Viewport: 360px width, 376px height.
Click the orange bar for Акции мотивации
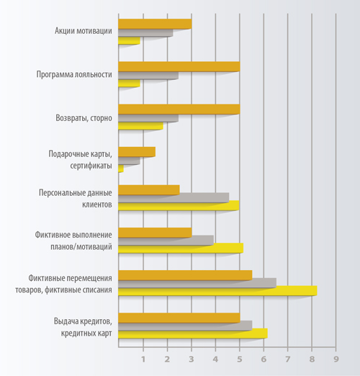pos(155,24)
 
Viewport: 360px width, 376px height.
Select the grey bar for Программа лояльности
pos(148,76)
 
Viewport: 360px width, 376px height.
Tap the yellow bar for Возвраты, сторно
pos(140,126)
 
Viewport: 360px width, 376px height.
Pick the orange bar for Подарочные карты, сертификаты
pos(137,152)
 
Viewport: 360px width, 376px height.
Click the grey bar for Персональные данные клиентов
pos(174,197)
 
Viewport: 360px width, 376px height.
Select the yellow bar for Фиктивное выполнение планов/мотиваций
pos(181,248)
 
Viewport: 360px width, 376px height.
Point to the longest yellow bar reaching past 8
pos(217,290)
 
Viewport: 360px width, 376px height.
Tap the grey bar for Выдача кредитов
pos(185,326)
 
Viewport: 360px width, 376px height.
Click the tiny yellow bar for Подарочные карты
pos(121,169)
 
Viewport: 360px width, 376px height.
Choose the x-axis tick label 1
pos(143,359)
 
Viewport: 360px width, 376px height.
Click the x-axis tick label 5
pos(240,359)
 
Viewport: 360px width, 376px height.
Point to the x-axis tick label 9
pos(336,359)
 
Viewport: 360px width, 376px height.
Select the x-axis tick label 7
pos(288,359)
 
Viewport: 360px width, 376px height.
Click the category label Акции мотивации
pos(84,31)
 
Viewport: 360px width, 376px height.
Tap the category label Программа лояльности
pos(74,74)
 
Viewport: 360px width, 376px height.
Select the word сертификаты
pos(91,166)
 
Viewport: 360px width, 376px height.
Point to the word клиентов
pos(97,205)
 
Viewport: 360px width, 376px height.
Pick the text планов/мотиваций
pos(81,247)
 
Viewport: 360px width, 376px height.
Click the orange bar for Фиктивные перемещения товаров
pos(185,275)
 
